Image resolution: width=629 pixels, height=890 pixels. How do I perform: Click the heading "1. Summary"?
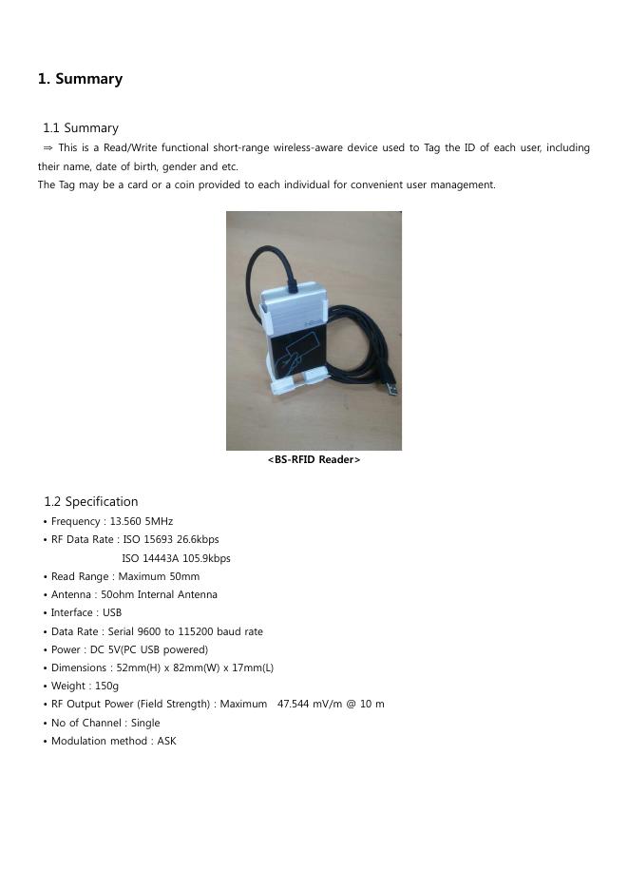tap(80, 79)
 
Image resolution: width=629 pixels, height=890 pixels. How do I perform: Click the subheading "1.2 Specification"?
tap(90, 501)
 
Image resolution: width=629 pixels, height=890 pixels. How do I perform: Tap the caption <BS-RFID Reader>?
tap(314, 460)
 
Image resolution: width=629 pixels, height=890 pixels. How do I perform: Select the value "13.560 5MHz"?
tap(142, 521)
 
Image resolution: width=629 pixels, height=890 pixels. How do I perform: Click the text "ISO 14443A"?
tap(150, 558)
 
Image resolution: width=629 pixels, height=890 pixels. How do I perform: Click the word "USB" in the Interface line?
tap(111, 613)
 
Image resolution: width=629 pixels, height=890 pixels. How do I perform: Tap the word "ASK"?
tap(166, 742)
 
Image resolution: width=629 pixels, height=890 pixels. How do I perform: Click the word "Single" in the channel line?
tap(145, 724)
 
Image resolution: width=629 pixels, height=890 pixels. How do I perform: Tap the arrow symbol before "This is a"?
tap(48, 148)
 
